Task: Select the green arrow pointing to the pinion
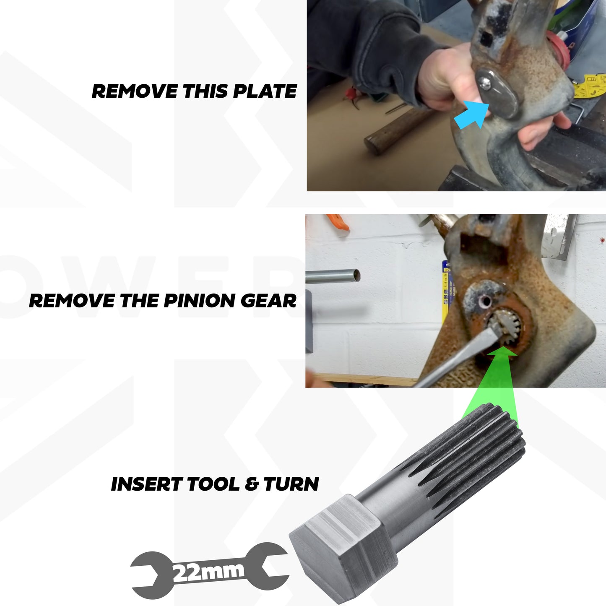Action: click(x=495, y=386)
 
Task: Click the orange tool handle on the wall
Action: click(x=338, y=222)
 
